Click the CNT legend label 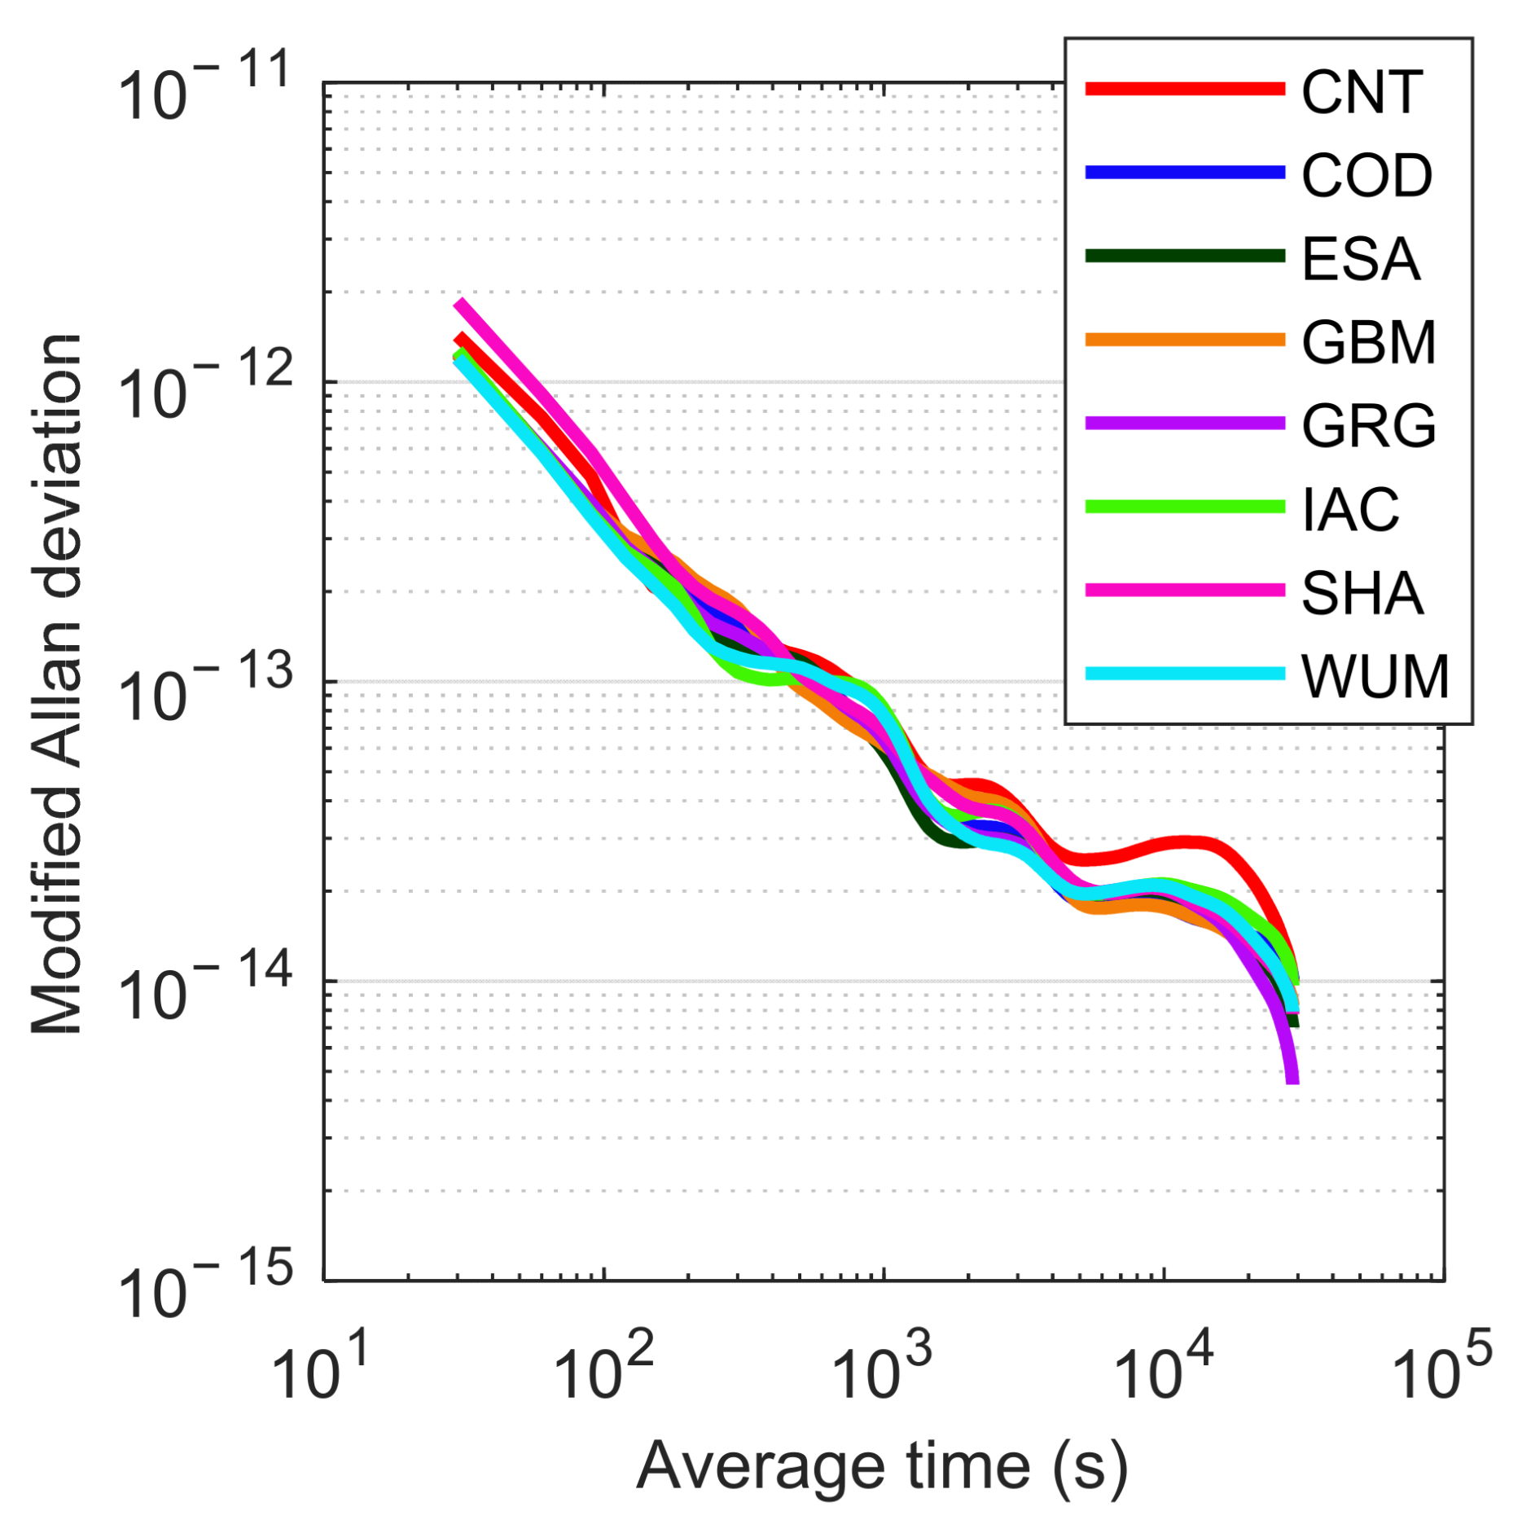point(1361,92)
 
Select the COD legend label point(1366,176)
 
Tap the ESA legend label point(1359,260)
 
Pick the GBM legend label point(1367,343)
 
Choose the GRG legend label point(1367,426)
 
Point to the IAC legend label point(1349,510)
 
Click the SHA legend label point(1361,593)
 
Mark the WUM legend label point(1374,676)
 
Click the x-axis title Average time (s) point(882,1464)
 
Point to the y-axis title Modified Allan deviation point(57,684)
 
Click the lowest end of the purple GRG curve point(1292,1079)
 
